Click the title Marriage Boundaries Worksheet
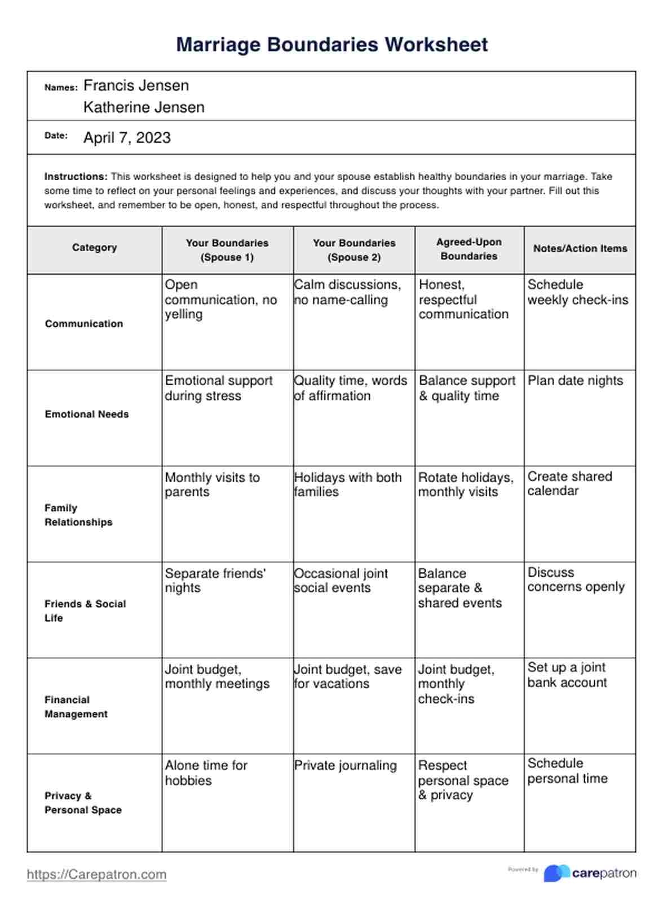331,45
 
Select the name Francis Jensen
136,86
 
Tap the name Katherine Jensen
144,107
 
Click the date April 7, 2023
127,138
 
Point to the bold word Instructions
76,176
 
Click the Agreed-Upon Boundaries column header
469,249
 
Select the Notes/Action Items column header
580,248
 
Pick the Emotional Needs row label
87,414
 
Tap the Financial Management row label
76,707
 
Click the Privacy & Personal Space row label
83,803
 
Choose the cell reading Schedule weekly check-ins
577,292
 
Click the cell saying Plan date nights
575,381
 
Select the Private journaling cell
345,766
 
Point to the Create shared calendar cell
569,483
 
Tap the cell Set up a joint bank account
567,675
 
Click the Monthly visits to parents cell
212,484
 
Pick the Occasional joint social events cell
341,580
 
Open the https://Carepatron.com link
96,874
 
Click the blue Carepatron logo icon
556,873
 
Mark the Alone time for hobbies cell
206,773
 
